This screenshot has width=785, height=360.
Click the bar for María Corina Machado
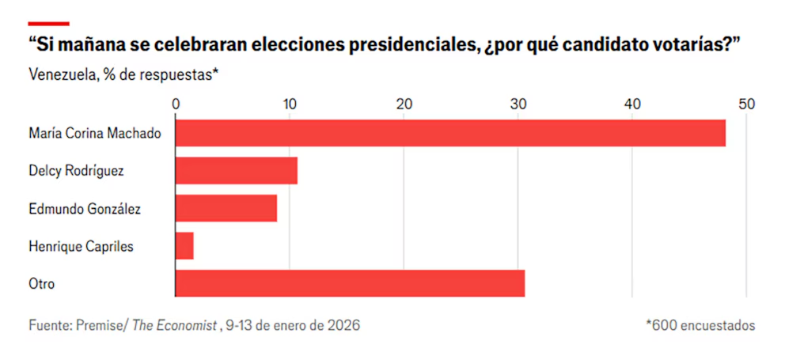pyautogui.click(x=450, y=133)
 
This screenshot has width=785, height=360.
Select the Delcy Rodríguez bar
pyautogui.click(x=236, y=171)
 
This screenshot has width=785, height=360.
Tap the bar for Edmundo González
pyautogui.click(x=226, y=208)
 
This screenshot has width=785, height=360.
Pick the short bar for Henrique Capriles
pyautogui.click(x=184, y=246)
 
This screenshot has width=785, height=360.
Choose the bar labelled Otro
pyautogui.click(x=350, y=283)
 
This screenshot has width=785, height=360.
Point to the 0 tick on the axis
pyautogui.click(x=176, y=104)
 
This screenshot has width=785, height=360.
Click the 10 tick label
pyautogui.click(x=290, y=104)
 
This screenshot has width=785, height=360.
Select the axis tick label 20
pyautogui.click(x=404, y=104)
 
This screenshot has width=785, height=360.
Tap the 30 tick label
pyautogui.click(x=518, y=104)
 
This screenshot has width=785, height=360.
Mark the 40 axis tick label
pyautogui.click(x=632, y=104)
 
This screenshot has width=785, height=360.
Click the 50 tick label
pyautogui.click(x=746, y=104)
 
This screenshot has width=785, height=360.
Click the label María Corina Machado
pyautogui.click(x=94, y=133)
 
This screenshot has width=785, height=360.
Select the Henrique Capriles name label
pyautogui.click(x=81, y=246)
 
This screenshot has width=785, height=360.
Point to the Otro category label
pyautogui.click(x=41, y=283)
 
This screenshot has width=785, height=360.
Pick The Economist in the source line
pyautogui.click(x=173, y=325)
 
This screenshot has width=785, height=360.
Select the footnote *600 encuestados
pyautogui.click(x=700, y=325)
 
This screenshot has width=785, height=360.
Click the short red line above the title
pyautogui.click(x=49, y=23)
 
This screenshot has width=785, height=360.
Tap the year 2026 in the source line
pyautogui.click(x=343, y=325)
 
